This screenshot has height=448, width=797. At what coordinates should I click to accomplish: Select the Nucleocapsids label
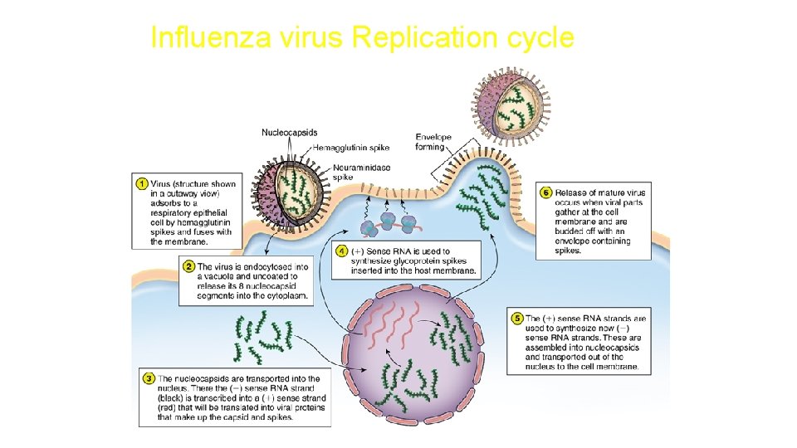click(289, 133)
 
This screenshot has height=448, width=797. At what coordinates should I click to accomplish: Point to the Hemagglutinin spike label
click(351, 148)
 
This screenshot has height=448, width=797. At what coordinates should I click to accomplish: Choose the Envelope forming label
click(433, 142)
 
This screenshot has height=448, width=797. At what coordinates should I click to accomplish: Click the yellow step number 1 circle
click(142, 183)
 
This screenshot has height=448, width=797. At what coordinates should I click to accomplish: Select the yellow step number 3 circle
click(149, 378)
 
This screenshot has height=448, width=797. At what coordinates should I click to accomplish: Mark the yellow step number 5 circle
click(516, 318)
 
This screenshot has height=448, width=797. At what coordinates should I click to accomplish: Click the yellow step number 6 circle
click(546, 192)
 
